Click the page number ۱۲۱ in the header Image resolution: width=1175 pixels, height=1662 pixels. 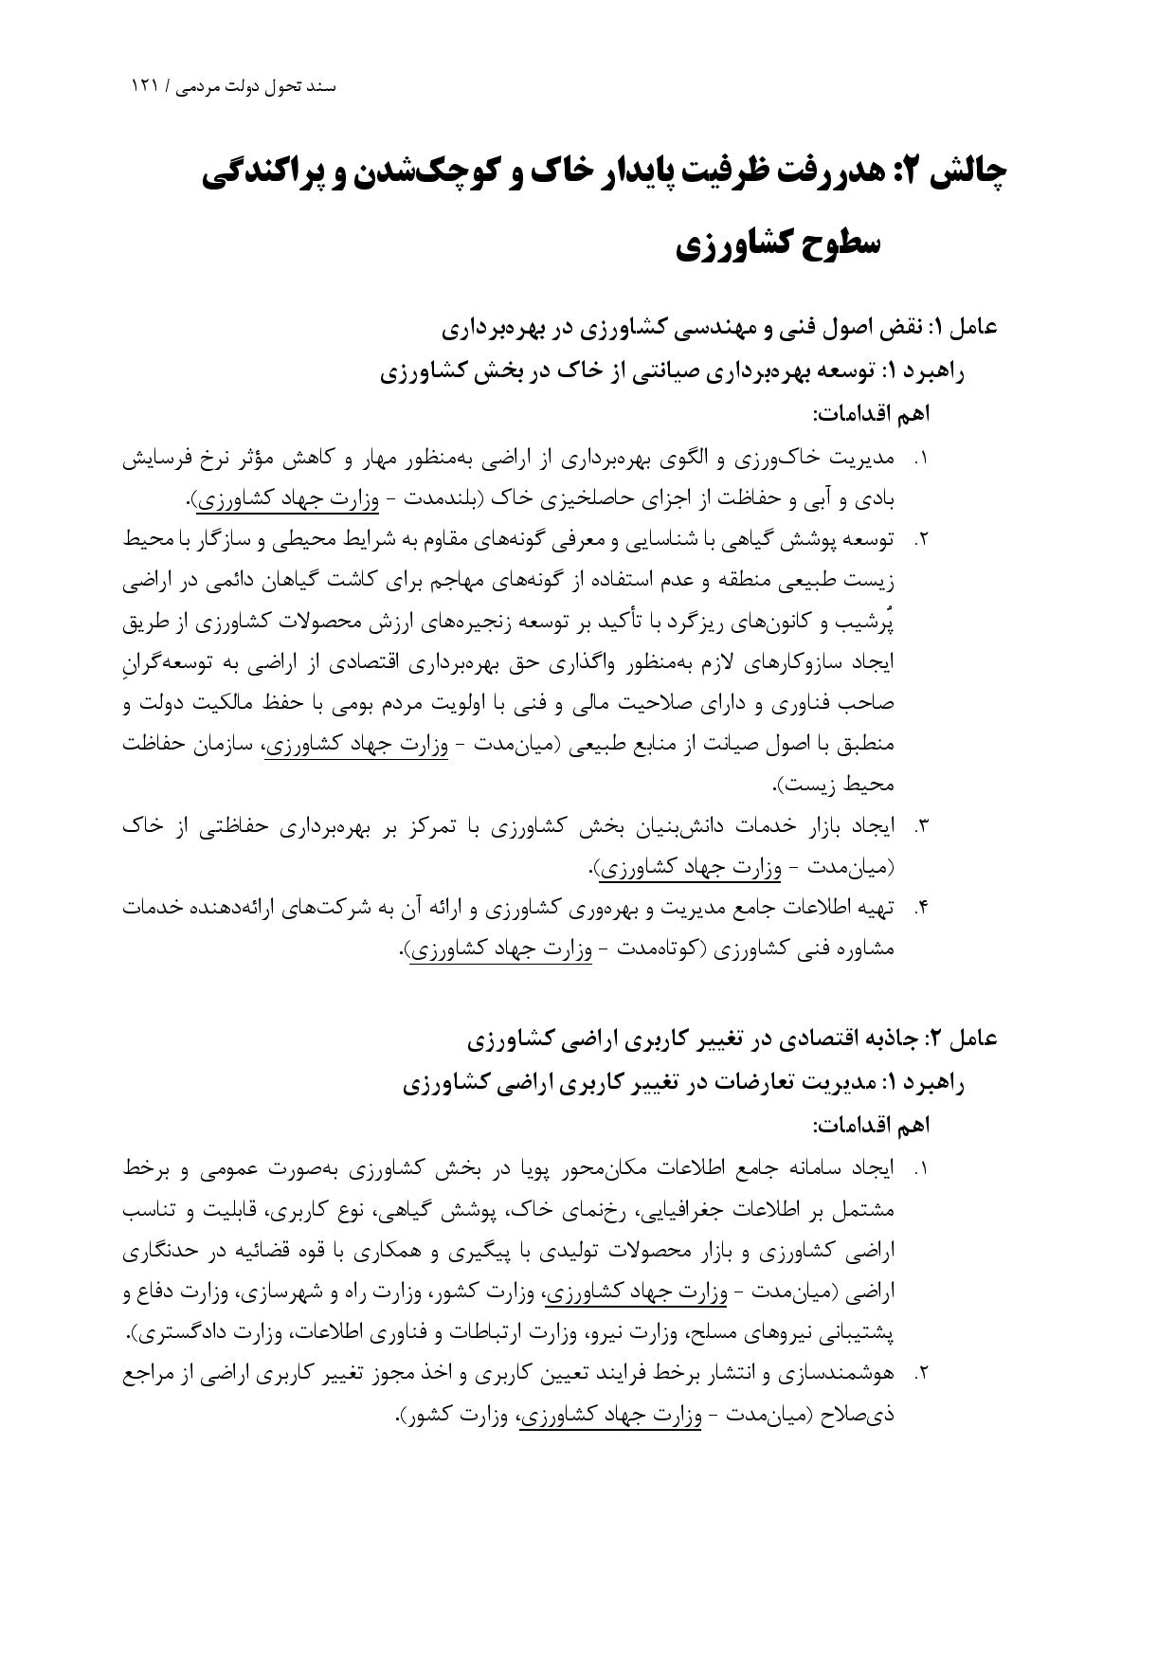tap(145, 86)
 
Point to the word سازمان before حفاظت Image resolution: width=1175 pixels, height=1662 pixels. tap(221, 745)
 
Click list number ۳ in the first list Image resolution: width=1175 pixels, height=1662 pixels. tap(919, 826)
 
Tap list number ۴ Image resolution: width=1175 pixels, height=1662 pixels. tap(919, 908)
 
